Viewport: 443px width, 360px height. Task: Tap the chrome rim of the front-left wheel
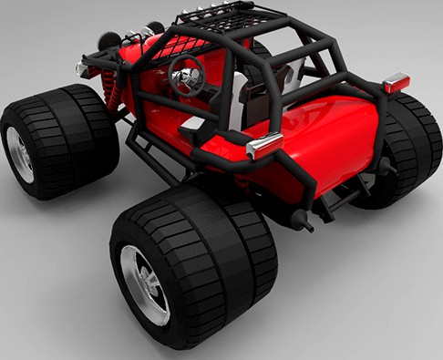pos(19,151)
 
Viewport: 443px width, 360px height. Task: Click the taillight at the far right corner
pos(395,84)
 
